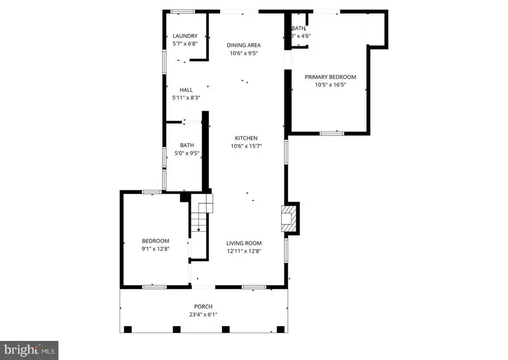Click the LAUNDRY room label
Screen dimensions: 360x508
pos(185,36)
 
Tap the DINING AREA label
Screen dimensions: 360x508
pos(244,45)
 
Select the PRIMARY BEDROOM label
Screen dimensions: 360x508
pos(330,77)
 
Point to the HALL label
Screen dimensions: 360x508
pos(186,90)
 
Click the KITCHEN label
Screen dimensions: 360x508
pos(246,138)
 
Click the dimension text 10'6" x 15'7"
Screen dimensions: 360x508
pos(246,146)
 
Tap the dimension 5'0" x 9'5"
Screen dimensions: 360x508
pos(186,152)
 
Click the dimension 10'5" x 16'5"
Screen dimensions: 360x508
pos(330,85)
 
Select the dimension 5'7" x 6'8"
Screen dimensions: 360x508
pos(185,43)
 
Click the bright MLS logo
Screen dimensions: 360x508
pos(29,349)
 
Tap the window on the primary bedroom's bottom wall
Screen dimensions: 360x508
pos(332,133)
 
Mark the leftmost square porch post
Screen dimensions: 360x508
pos(128,329)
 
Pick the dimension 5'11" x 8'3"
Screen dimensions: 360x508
pos(186,98)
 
